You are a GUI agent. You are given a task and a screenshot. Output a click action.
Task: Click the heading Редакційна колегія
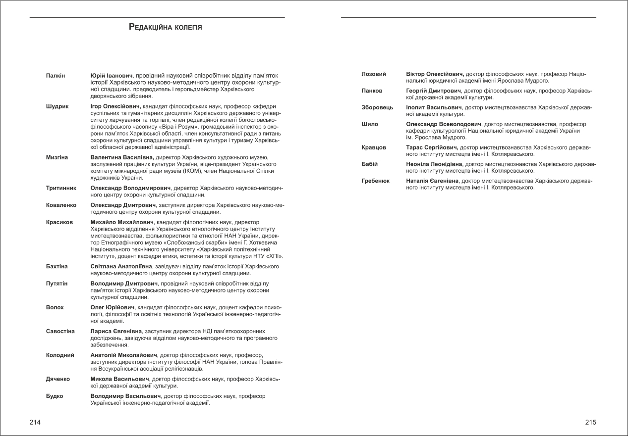[x=165, y=27]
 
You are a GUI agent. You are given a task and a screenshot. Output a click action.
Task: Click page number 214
[x=35, y=422]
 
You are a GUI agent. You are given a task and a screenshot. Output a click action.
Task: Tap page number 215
[x=590, y=422]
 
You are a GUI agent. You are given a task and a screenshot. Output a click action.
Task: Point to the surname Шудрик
[x=57, y=106]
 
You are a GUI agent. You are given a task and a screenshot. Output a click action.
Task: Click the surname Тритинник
[x=61, y=189]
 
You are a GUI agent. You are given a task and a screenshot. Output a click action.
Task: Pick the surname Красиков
[x=59, y=222]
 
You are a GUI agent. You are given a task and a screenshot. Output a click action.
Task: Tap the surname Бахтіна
[x=57, y=267]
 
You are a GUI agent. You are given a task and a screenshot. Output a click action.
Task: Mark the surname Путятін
[x=57, y=284]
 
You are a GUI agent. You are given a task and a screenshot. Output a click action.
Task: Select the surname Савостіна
[x=60, y=331]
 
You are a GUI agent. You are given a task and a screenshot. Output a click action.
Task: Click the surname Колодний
[x=60, y=355]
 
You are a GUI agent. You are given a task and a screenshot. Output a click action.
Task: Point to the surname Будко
[x=55, y=396]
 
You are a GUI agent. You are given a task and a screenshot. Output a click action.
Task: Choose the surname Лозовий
[x=374, y=74]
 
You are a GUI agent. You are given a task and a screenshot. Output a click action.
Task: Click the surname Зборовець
[x=377, y=107]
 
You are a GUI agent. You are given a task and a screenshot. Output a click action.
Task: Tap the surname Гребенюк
[x=376, y=181]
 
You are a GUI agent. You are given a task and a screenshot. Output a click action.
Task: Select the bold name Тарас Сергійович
[x=432, y=147]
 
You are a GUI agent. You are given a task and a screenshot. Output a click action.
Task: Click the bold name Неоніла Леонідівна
[x=434, y=164]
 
